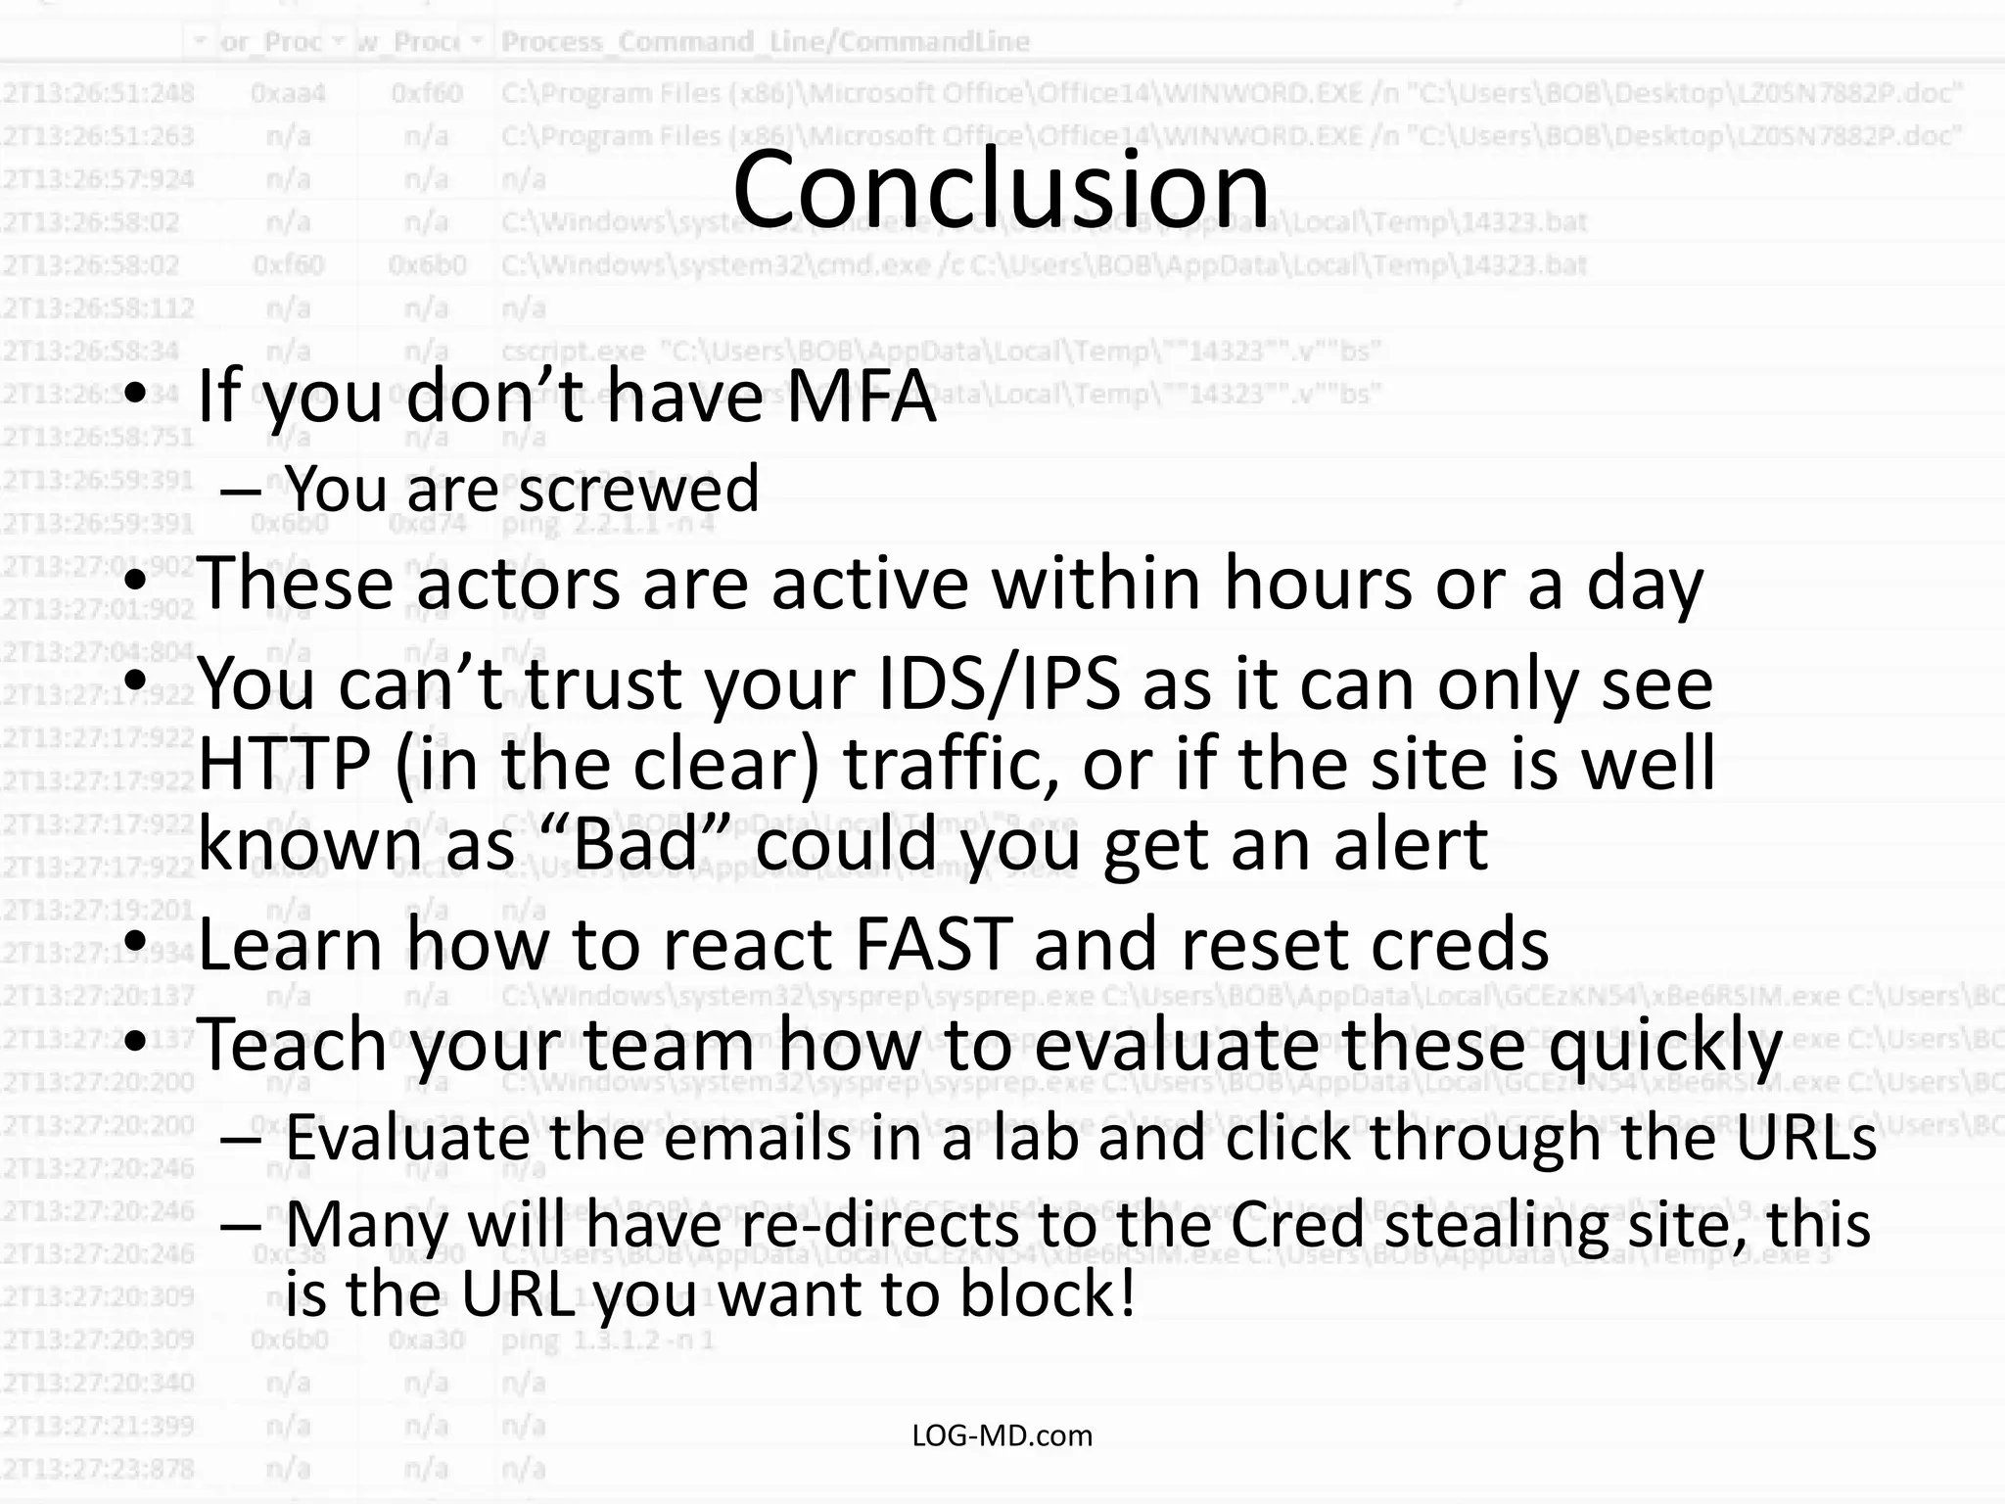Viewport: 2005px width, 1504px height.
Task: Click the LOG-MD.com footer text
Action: pyautogui.click(x=1002, y=1435)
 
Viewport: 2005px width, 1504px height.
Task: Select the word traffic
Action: pyautogui.click(x=950, y=764)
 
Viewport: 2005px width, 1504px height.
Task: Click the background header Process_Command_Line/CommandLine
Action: pyautogui.click(x=766, y=41)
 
